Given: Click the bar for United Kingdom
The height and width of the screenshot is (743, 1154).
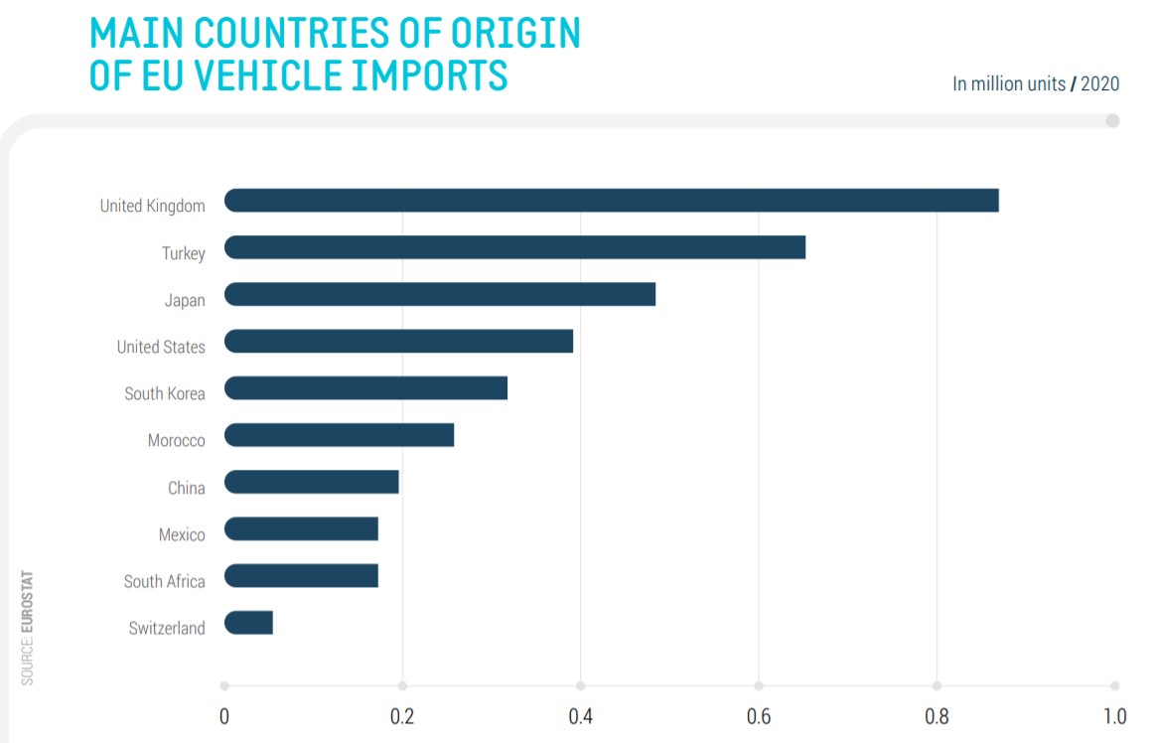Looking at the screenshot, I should click(611, 200).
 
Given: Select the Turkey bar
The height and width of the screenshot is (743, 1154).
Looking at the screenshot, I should click(514, 247).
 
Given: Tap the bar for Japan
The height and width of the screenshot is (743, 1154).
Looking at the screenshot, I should click(440, 294).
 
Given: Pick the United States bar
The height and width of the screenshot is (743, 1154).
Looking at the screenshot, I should click(398, 341).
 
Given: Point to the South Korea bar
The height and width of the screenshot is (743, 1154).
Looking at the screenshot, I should click(365, 387).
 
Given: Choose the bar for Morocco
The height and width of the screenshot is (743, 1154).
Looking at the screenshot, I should click(339, 435).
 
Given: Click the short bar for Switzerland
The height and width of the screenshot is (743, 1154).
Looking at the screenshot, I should click(248, 623).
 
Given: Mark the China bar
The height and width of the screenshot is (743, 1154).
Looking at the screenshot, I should click(311, 482).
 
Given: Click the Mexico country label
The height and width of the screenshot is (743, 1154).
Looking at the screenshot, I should click(182, 534).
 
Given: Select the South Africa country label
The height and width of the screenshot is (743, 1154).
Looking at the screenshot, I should click(165, 581).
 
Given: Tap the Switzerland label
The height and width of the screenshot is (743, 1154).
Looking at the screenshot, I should click(167, 628).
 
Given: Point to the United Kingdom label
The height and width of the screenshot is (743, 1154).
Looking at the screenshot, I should click(153, 206).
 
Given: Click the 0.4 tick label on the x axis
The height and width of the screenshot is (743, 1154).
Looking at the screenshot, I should click(580, 716).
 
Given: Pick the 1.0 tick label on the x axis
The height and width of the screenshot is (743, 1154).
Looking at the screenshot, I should click(1114, 716).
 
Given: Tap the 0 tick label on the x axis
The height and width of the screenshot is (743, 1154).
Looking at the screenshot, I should click(224, 716).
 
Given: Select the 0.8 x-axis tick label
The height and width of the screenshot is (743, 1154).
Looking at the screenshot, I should click(937, 716).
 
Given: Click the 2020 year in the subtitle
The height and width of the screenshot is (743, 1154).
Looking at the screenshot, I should click(1099, 83).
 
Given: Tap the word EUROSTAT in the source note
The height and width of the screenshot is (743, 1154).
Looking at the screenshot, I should click(27, 600).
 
